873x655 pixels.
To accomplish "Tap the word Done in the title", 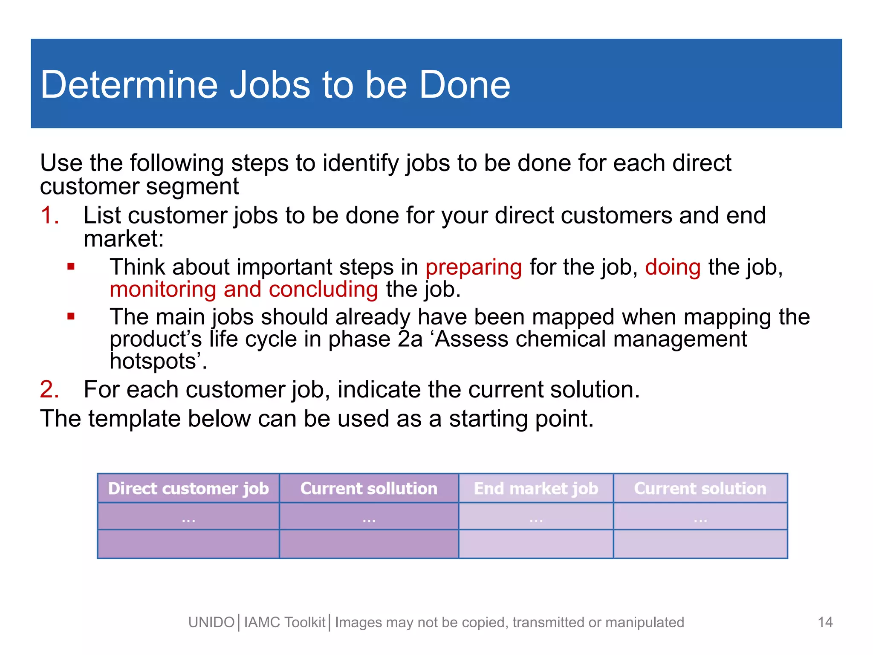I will click(465, 85).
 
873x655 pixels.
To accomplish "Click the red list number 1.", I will click(49, 215).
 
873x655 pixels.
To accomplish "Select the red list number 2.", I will click(49, 389).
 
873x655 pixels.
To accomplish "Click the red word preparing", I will click(474, 268).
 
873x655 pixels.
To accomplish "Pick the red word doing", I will click(673, 267).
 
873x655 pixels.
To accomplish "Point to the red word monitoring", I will click(163, 290).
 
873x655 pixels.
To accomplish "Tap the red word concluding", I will click(323, 290).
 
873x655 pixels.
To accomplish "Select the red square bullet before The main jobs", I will click(71, 317).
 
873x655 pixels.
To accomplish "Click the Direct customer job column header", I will click(188, 488).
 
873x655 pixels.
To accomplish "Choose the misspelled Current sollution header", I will click(369, 488).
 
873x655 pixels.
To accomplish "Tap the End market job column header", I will click(536, 488).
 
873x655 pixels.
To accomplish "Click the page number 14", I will click(825, 622).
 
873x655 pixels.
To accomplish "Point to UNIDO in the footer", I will click(211, 623).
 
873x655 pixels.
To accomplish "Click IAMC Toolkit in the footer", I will click(285, 623).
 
